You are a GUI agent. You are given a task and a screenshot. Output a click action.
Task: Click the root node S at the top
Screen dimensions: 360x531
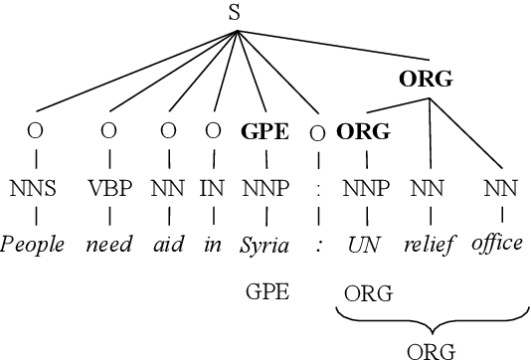pos(236,12)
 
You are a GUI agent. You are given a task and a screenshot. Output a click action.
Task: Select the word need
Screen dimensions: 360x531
pos(111,244)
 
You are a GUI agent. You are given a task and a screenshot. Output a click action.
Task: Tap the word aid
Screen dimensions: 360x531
pos(169,244)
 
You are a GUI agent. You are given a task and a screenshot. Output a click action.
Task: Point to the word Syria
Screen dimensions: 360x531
pos(265,244)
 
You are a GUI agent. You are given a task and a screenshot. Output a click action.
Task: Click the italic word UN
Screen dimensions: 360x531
pos(364,244)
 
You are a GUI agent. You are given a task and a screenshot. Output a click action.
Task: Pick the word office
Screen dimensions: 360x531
pos(496,244)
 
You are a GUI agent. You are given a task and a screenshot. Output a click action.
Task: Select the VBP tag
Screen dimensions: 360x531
pos(111,186)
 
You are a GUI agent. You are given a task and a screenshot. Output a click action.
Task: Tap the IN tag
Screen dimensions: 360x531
pos(212,186)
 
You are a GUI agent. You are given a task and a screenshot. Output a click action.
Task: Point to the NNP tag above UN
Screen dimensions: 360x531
pos(365,186)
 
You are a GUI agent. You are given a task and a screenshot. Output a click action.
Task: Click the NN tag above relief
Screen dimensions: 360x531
pos(429,186)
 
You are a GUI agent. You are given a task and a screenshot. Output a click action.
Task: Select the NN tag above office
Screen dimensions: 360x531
pos(500,186)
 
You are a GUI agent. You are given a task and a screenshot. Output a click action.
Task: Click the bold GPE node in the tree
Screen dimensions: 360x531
pos(265,131)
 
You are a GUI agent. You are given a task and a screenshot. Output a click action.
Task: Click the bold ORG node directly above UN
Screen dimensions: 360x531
pos(363,131)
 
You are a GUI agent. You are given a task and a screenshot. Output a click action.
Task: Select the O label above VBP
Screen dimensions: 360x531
pos(110,131)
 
